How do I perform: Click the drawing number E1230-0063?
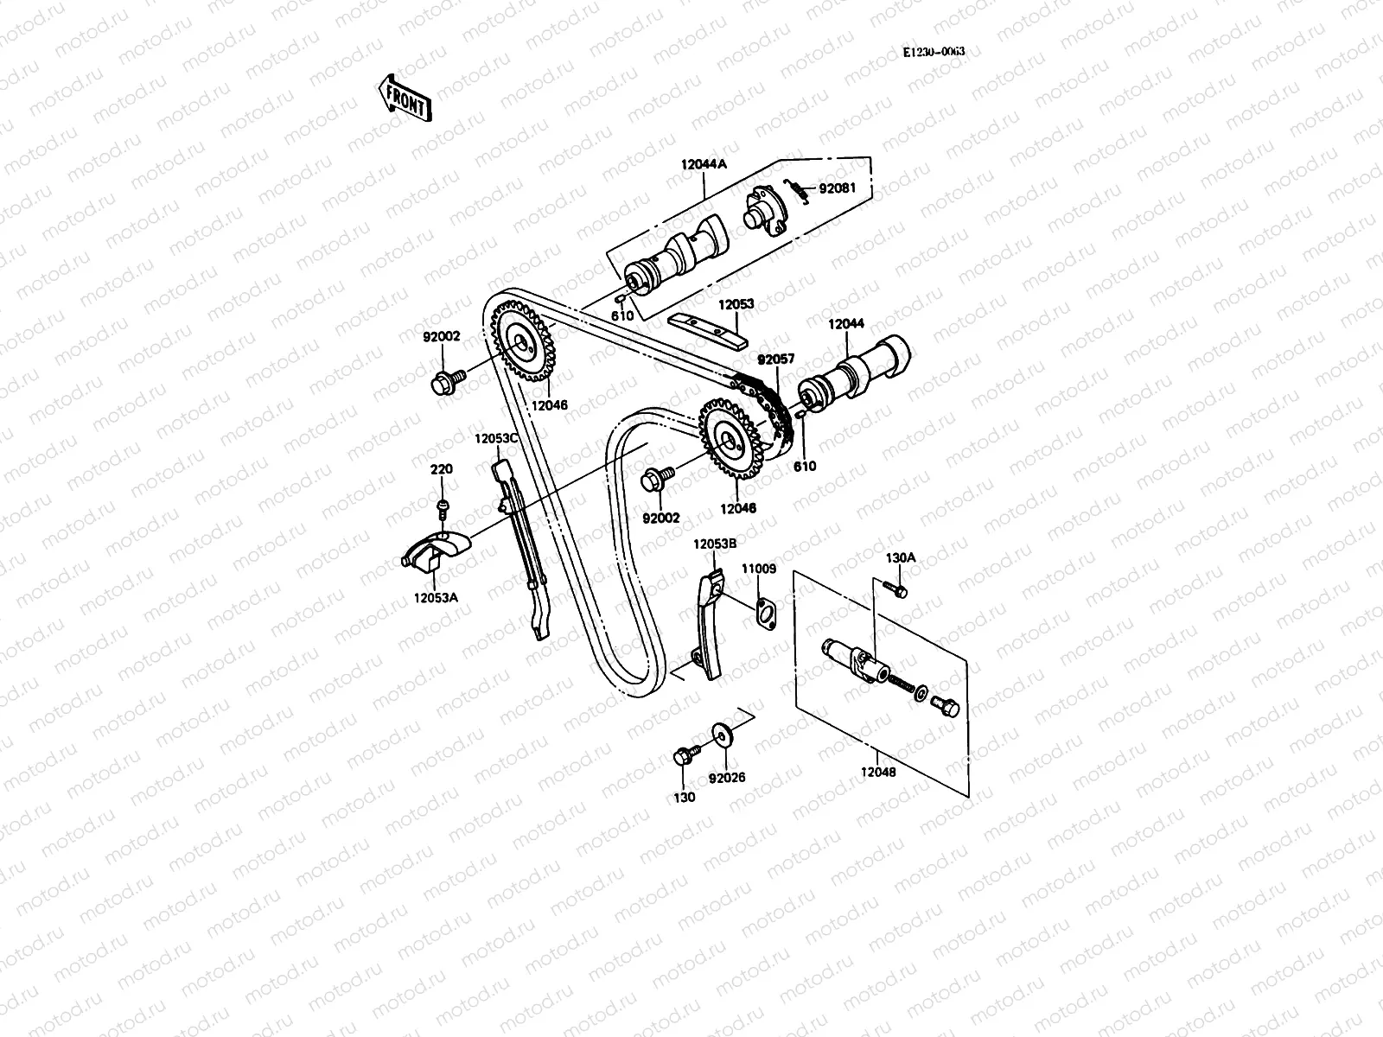tap(934, 52)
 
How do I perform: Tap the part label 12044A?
tap(704, 164)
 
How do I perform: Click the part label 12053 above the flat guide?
tap(736, 304)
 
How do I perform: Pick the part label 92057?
tap(775, 358)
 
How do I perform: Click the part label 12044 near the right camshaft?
tap(845, 324)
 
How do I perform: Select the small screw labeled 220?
tap(443, 506)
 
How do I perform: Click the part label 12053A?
tap(435, 597)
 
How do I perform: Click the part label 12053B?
tap(714, 544)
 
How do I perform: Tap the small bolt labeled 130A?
tap(897, 590)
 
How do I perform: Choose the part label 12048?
tap(878, 772)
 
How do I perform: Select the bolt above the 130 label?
tap(684, 757)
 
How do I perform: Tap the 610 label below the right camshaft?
tap(806, 467)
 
